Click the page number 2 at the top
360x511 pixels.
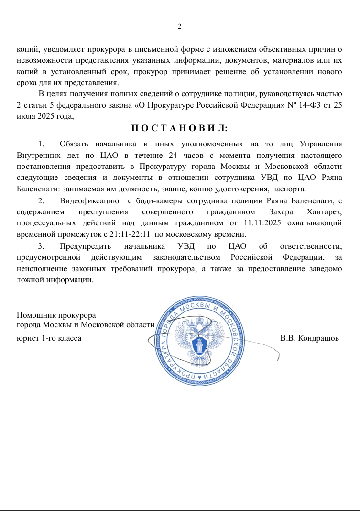click(179, 26)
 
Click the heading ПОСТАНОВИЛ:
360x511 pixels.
click(180, 128)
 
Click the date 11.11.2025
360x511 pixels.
click(264, 223)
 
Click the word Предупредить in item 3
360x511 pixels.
click(86, 246)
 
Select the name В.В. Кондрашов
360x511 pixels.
click(309, 338)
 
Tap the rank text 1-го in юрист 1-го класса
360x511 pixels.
click(50, 338)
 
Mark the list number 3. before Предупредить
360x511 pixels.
click(41, 246)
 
